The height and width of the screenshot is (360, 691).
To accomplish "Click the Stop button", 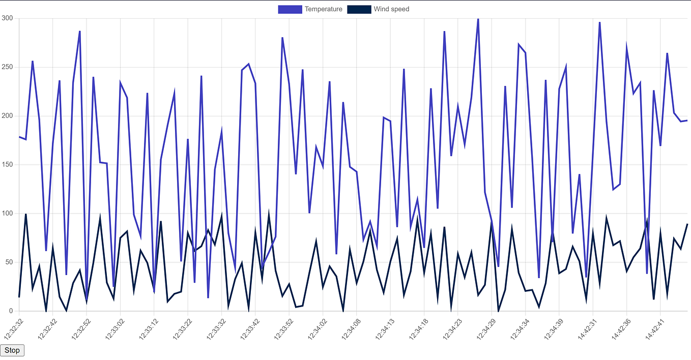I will coord(12,350).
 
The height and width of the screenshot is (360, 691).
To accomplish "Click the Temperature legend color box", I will coord(290,9).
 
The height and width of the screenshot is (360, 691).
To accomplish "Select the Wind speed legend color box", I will coord(359,9).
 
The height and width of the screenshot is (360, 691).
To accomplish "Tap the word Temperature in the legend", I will coord(323,9).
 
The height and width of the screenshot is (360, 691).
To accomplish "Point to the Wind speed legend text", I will coord(391,9).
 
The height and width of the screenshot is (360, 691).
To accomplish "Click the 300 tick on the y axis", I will coord(7,18).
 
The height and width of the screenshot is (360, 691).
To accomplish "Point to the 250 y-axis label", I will coord(7,67).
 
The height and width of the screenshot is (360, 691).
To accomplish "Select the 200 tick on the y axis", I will coord(7,116).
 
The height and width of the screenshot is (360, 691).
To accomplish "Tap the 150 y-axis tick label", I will coord(7,165).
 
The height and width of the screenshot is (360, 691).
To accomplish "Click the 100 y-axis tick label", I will coord(7,214).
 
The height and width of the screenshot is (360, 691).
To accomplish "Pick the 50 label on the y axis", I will coord(9,262).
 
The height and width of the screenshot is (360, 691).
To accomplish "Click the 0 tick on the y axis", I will coord(11,311).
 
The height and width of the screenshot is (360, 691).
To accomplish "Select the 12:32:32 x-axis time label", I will coord(12,327).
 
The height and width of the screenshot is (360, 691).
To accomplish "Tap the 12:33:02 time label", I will coord(113,327).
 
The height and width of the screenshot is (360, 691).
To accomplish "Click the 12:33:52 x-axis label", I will coord(282,327).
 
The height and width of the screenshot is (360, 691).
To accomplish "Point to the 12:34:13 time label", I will coord(383,327).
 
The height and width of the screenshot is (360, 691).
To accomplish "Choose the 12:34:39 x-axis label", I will coord(552,327).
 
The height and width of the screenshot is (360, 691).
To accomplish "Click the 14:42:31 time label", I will coord(586,327).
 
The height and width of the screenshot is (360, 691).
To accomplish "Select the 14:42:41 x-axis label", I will coord(653,327).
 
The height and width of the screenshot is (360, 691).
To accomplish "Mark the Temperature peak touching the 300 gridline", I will coord(478,19).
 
